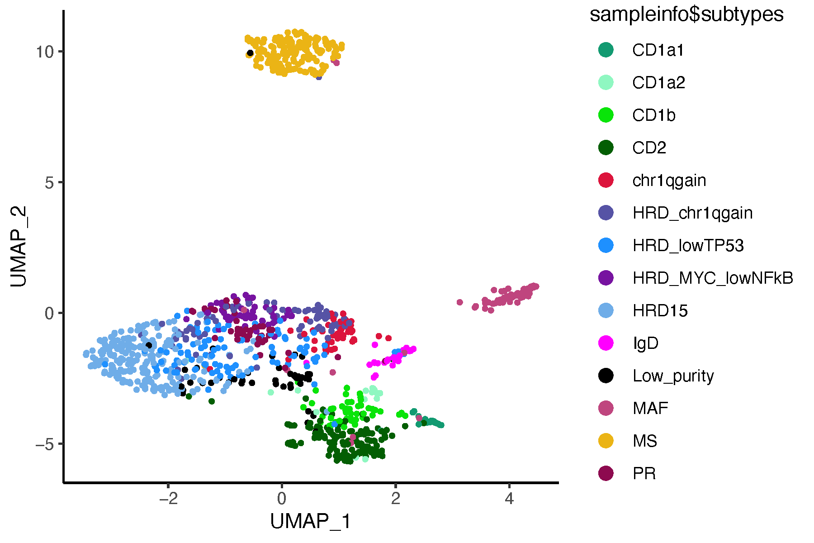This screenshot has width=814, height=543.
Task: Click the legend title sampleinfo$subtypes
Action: point(686,14)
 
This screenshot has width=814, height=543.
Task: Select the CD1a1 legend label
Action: point(658,50)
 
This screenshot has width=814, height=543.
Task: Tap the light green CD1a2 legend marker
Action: point(606,82)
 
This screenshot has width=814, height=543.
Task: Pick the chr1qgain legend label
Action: point(669,181)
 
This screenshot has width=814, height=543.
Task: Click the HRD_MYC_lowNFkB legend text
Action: point(713,278)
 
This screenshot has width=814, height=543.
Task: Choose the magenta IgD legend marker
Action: point(606,343)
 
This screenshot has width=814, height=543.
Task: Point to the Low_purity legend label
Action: point(673,376)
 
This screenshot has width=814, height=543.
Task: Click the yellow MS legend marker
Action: point(606,441)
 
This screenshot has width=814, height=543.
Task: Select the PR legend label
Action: point(644,473)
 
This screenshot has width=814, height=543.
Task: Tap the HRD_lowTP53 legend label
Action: point(688,245)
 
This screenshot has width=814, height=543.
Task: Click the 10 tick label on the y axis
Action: point(45,52)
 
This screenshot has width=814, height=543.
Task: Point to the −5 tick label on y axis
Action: point(45,444)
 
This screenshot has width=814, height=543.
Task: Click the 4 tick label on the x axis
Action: point(509,499)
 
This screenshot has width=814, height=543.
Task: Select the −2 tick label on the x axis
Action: point(168,499)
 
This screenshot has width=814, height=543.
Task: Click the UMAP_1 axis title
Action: point(310,521)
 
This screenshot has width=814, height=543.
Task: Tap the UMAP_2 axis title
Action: point(19,247)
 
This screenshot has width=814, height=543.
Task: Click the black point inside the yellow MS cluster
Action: point(250,53)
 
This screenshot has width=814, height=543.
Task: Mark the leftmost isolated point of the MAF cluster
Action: point(459,302)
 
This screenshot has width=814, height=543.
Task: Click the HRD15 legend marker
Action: point(606,310)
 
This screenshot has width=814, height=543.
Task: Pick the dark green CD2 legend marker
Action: point(606,148)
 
